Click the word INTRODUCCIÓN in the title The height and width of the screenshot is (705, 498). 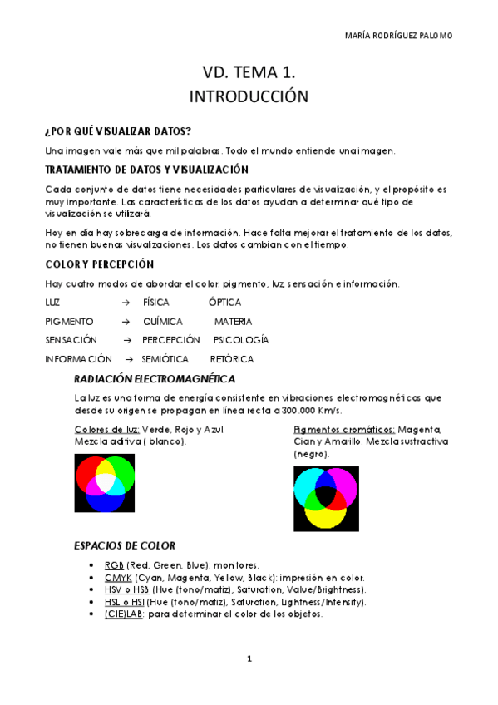click(249, 96)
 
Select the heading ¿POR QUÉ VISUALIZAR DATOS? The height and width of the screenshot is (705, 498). click(118, 131)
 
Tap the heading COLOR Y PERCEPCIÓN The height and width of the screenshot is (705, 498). click(100, 264)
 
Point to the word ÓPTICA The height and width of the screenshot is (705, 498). click(225, 303)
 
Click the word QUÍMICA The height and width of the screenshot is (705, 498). click(163, 322)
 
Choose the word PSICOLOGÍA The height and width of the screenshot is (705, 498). click(241, 340)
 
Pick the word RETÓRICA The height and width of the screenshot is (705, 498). click(232, 359)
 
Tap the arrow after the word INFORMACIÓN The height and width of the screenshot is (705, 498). click(129, 359)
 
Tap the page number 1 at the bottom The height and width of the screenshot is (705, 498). click(249, 659)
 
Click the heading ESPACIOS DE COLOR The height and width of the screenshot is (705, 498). click(125, 546)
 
